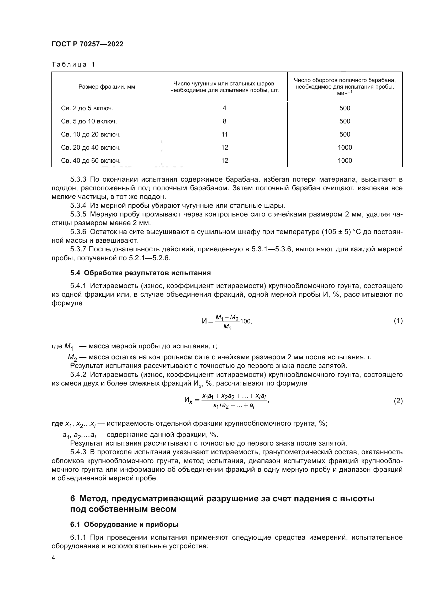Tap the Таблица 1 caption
pos(73,65)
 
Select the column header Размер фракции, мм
pos(107,87)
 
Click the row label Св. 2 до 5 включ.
pos(87,108)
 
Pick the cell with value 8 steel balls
pos(225,121)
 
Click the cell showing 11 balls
pos(225,134)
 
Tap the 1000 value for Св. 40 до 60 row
pos(345,160)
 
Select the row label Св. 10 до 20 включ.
pos(91,134)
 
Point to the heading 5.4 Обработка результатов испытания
pos(141,273)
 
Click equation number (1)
pos(398,321)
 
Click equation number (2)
pos(398,401)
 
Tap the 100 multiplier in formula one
pos(245,322)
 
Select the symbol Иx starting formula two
pos(188,400)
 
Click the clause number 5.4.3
pos(78,452)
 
